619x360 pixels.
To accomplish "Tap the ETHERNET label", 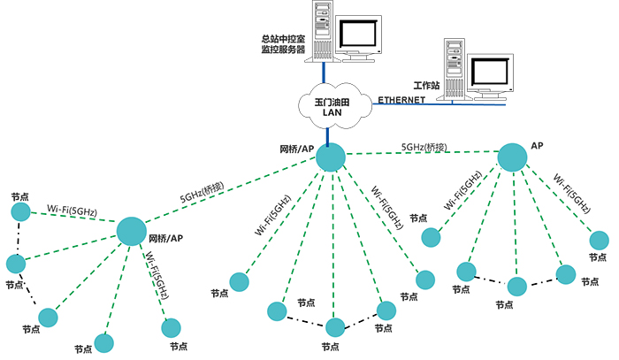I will (x=402, y=100).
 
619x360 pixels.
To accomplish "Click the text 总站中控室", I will (x=283, y=39).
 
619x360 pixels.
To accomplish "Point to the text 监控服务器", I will (x=283, y=50).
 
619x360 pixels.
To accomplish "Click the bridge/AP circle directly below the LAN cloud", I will (x=331, y=157).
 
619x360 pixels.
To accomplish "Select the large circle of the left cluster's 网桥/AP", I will (x=132, y=232).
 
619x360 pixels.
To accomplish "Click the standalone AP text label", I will (x=536, y=144).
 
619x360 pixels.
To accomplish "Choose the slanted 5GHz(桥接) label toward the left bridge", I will (x=203, y=194).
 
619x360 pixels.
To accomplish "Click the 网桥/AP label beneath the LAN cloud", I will (x=297, y=148).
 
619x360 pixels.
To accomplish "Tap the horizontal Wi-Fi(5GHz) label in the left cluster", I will (x=72, y=211).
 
